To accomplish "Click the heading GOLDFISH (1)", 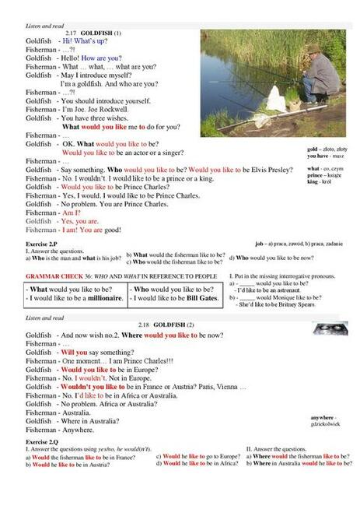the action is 100,33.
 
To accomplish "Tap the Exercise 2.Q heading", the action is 41,441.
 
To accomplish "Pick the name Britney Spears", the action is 295,304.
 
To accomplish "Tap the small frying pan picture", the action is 330,328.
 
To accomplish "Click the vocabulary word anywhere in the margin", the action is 323,418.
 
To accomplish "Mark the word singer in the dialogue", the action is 171,153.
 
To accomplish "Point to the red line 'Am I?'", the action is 71,212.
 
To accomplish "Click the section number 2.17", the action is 74,33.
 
